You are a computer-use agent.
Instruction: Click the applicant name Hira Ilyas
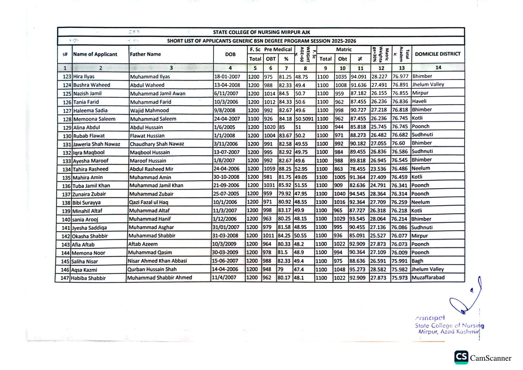tap(84, 77)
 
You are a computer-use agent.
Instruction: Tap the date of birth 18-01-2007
tap(227, 77)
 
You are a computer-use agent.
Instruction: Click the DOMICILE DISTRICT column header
tap(438, 54)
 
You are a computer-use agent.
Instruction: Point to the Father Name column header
tap(145, 54)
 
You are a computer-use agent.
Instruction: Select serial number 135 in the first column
tap(66, 178)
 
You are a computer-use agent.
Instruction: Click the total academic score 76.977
tap(400, 76)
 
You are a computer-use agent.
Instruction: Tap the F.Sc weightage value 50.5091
tap(304, 119)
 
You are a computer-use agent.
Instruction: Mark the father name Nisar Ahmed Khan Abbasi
tap(157, 261)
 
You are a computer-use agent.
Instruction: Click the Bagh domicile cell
tap(417, 261)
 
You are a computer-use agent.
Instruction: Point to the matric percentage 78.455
tap(357, 169)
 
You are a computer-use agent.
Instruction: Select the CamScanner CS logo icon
tap(461, 357)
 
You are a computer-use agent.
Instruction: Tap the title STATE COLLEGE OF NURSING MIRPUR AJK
tap(261, 32)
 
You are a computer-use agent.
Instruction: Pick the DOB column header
tap(230, 54)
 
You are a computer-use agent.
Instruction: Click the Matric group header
tap(344, 49)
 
